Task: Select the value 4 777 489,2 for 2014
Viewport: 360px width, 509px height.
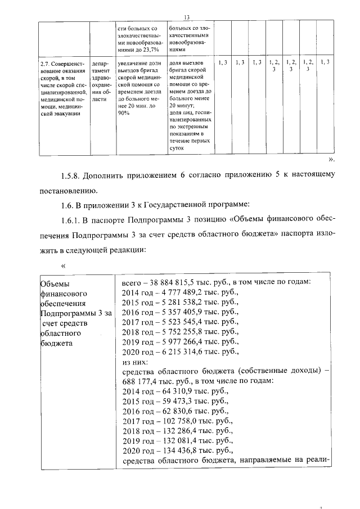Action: (x=171, y=292)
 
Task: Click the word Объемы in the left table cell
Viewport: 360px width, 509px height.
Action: (x=56, y=283)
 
